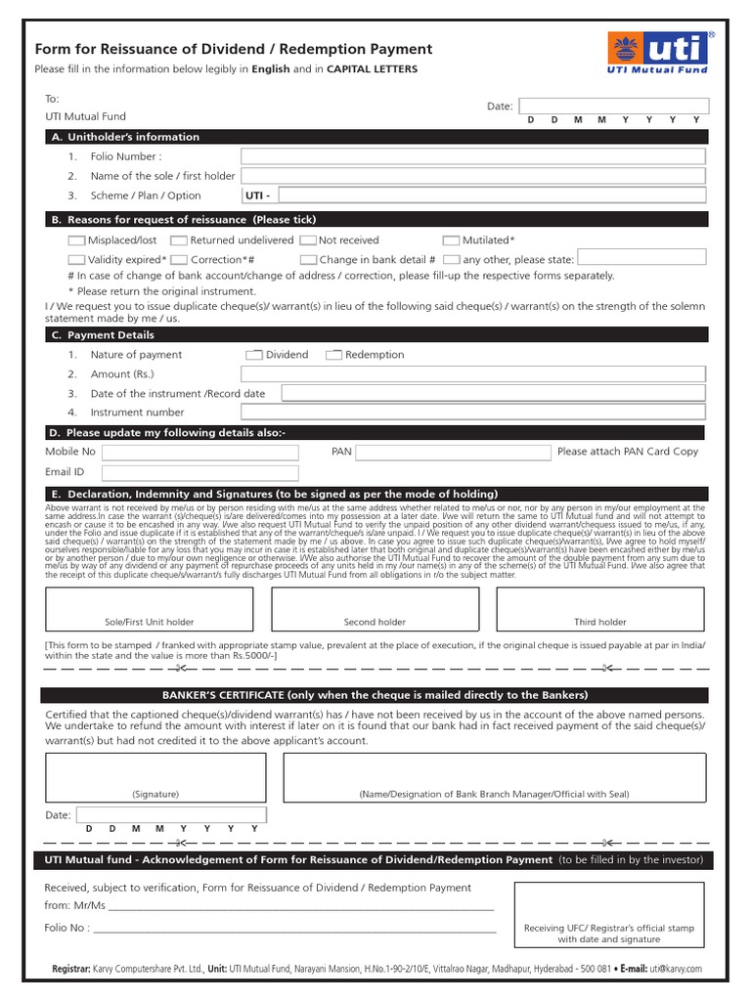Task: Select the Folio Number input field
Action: click(x=473, y=156)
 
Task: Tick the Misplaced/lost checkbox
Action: click(x=77, y=240)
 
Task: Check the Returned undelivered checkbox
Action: click(x=179, y=240)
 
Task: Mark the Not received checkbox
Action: click(x=308, y=240)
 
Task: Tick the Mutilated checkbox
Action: click(x=451, y=240)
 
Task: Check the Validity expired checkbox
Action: click(x=77, y=260)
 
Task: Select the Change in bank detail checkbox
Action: click(x=308, y=260)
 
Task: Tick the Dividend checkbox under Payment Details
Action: click(x=254, y=355)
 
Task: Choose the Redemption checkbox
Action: click(x=333, y=355)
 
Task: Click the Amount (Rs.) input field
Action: click(x=473, y=373)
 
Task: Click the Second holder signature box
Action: click(x=375, y=608)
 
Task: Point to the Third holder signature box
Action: click(x=599, y=608)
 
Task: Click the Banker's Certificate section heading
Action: click(x=375, y=695)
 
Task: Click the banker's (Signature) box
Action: click(x=155, y=777)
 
